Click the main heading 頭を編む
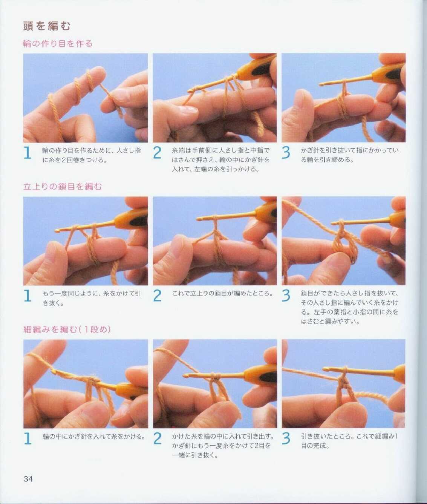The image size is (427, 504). [47, 26]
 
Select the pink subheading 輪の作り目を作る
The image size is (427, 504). [58, 44]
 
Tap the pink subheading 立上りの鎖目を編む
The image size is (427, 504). [63, 187]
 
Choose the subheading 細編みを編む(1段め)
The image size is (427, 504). [67, 329]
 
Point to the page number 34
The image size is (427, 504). [28, 479]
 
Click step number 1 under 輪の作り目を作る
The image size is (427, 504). [28, 153]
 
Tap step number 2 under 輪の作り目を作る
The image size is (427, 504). [157, 153]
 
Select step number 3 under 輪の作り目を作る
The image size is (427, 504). [286, 153]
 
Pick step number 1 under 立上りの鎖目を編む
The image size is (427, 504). [28, 296]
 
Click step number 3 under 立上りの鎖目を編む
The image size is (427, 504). [286, 296]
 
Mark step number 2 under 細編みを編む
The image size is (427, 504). [157, 438]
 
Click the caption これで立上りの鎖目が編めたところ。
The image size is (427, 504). [222, 293]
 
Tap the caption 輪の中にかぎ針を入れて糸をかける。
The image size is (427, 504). [94, 436]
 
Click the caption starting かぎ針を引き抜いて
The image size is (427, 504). [349, 155]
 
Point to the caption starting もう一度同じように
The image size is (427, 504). [92, 298]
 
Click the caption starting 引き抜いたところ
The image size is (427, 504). [349, 441]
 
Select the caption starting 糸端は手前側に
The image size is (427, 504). [221, 160]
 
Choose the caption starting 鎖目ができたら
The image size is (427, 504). [349, 307]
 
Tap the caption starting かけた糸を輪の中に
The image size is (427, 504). [223, 446]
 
